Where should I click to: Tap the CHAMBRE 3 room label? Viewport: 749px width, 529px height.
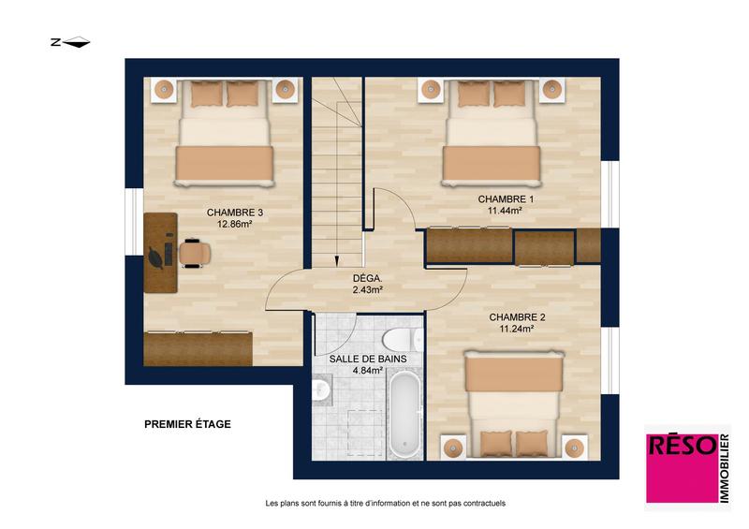tap(234, 213)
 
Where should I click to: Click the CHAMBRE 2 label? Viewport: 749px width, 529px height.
tap(517, 316)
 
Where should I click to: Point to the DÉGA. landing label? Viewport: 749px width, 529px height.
tap(367, 278)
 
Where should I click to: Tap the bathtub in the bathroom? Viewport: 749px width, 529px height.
tap(405, 415)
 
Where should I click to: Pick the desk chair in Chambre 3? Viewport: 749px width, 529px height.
tap(194, 253)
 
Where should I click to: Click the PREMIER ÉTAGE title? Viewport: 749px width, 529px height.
tap(187, 424)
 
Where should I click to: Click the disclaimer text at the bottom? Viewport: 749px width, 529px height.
tap(386, 504)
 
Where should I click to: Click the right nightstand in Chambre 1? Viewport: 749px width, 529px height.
tap(551, 90)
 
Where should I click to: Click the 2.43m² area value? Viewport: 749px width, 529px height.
tap(367, 290)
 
